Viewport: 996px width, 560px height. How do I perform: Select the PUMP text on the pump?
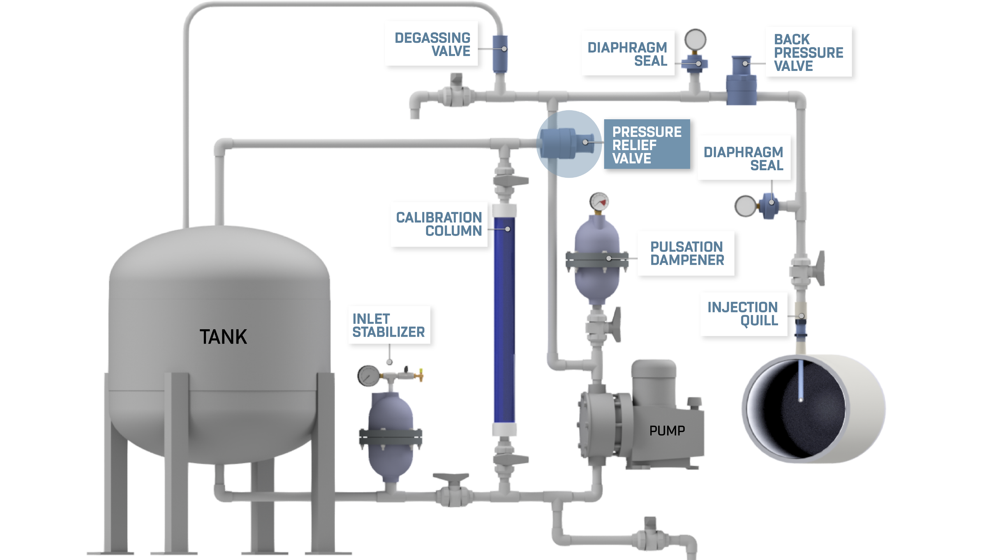tap(667, 431)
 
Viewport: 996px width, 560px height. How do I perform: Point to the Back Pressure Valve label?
tap(808, 52)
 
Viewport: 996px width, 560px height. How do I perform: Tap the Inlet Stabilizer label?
tap(389, 325)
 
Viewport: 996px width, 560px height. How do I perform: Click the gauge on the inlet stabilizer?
tap(368, 375)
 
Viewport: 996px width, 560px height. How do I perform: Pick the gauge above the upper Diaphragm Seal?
tap(695, 39)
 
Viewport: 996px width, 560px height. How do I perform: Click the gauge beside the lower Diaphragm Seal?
tap(745, 206)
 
